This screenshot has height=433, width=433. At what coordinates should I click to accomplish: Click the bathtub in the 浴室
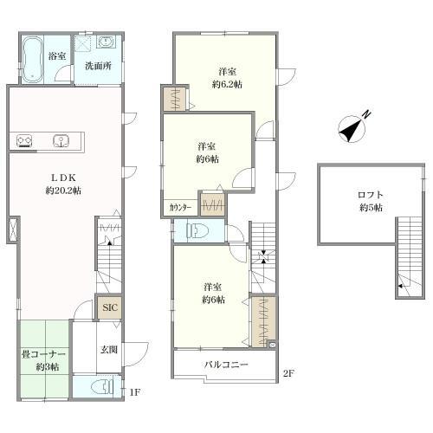pos(32,60)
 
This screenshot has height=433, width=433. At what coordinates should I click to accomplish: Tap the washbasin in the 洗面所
pos(106,42)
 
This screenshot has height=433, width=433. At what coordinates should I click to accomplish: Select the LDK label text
pos(63,178)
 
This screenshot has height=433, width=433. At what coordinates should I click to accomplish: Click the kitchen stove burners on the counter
pos(24,141)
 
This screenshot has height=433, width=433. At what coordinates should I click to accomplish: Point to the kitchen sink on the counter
pos(61,141)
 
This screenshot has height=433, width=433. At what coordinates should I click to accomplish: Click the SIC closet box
pos(110,307)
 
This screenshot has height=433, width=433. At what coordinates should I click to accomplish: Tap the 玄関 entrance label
pos(109,350)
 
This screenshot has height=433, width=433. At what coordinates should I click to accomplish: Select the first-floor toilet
pos(102,388)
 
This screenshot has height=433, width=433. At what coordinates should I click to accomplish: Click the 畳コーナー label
pos(43,354)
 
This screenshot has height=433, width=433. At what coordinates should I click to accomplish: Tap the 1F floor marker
pos(134,391)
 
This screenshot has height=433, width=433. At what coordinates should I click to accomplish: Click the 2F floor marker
pos(288,373)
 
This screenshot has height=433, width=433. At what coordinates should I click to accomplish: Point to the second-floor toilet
pos(198,231)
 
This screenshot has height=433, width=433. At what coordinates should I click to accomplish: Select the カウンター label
pos(180,207)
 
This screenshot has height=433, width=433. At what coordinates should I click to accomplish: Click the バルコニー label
pos(226,365)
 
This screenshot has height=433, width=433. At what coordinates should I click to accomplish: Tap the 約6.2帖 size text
pos(227,84)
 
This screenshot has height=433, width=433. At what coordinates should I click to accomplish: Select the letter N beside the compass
pos(366,114)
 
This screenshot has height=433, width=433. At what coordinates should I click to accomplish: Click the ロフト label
pos(371,195)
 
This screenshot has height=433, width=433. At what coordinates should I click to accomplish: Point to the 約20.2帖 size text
pos(63,191)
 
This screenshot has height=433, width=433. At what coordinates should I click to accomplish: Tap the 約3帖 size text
pos(48,367)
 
